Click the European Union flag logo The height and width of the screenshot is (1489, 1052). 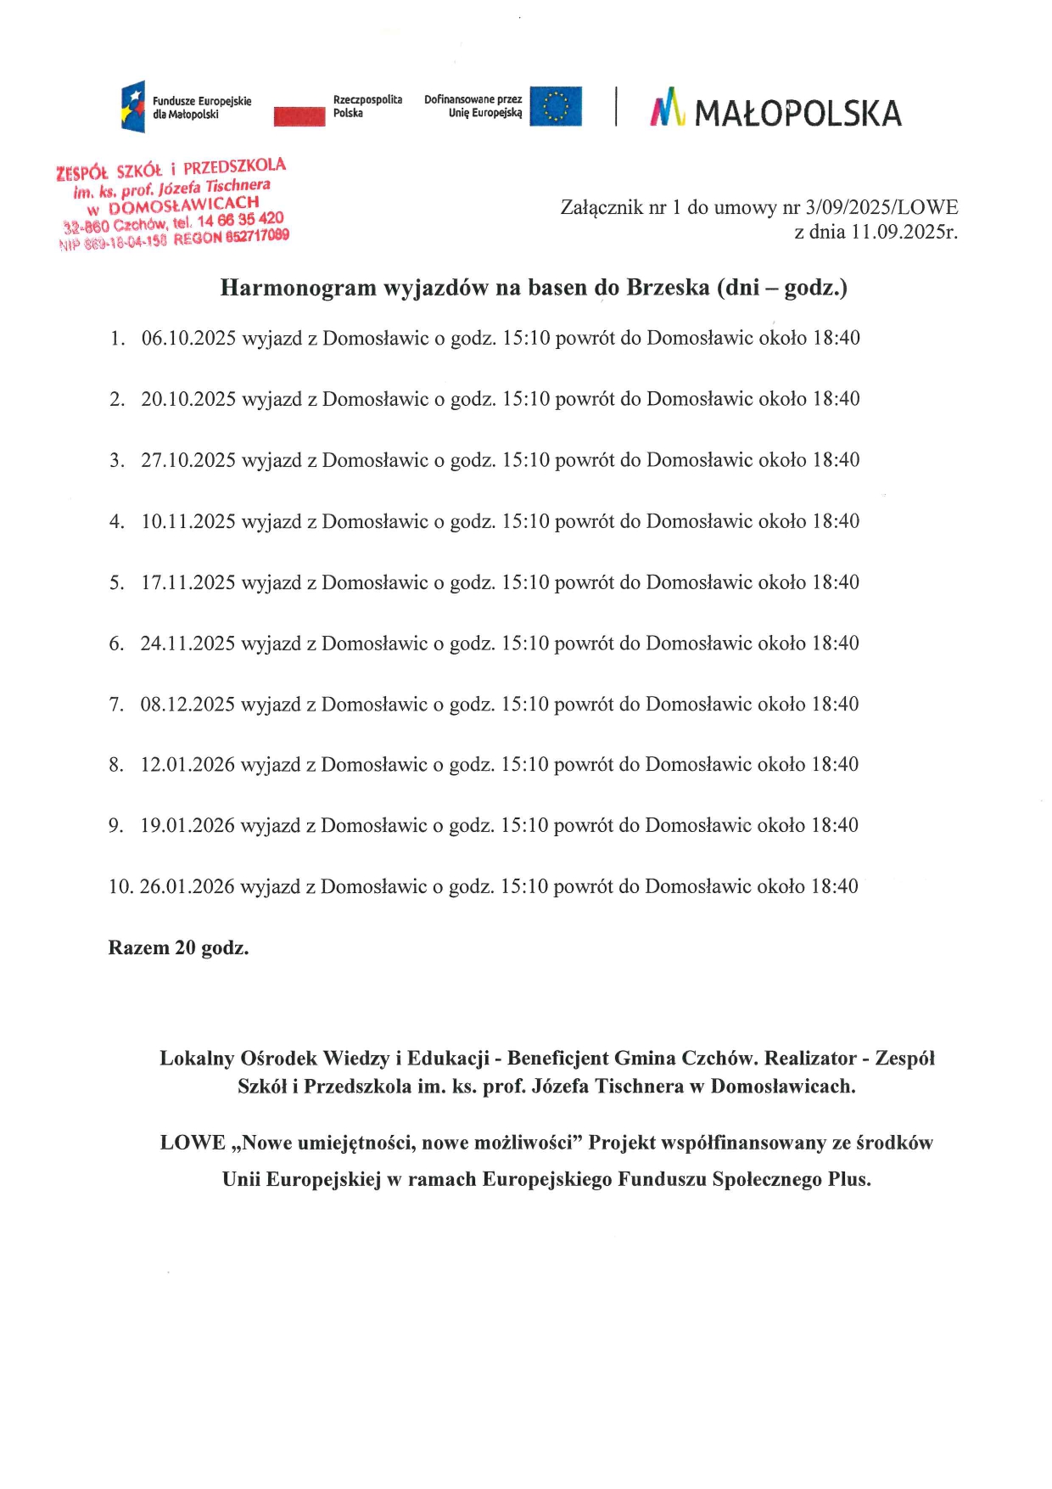pyautogui.click(x=556, y=106)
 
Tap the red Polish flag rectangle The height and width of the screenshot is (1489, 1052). pyautogui.click(x=299, y=116)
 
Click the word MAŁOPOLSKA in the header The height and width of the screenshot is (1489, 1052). pyautogui.click(x=797, y=114)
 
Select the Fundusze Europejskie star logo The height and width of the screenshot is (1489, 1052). pyautogui.click(x=133, y=107)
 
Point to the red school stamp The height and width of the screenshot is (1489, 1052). pyautogui.click(x=173, y=204)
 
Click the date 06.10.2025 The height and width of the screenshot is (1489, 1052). pyautogui.click(x=188, y=338)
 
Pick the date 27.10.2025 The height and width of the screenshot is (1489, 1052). pyautogui.click(x=188, y=460)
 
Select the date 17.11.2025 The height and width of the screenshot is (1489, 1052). pyautogui.click(x=188, y=582)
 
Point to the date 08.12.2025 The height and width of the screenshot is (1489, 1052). pyautogui.click(x=187, y=704)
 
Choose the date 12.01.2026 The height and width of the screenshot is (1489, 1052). pyautogui.click(x=187, y=765)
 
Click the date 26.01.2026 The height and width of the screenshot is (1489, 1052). pyautogui.click(x=187, y=886)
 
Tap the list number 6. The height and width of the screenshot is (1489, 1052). pyautogui.click(x=115, y=643)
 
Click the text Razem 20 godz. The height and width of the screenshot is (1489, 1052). pyautogui.click(x=178, y=947)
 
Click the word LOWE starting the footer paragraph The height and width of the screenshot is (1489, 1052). pyautogui.click(x=193, y=1143)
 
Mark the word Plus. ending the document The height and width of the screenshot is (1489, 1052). pyautogui.click(x=849, y=1179)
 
